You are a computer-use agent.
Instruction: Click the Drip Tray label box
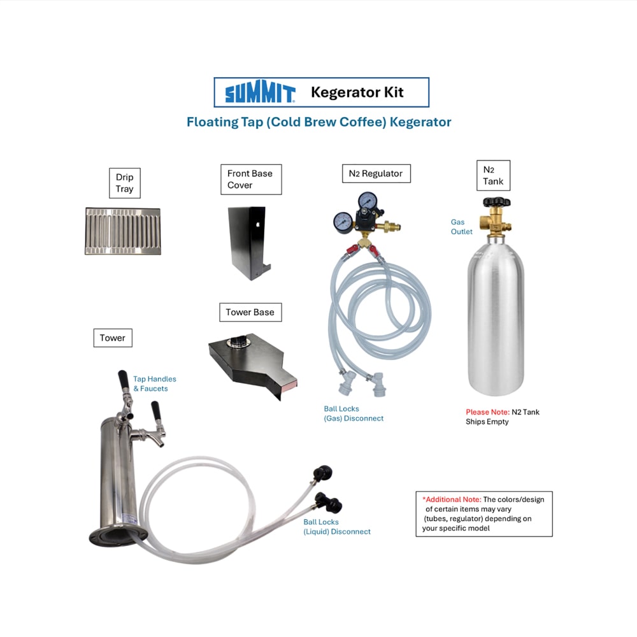tap(125, 183)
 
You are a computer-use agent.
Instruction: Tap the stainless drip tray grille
tap(123, 231)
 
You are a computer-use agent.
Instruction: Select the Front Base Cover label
tap(251, 179)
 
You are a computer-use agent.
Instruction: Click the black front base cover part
tap(248, 243)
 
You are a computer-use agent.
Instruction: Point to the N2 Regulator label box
tap(376, 173)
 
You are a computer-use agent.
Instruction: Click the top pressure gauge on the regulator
tap(368, 201)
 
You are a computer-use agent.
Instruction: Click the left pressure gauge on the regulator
tap(343, 222)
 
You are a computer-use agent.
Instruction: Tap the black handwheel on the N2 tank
tap(496, 202)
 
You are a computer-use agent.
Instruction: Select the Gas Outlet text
tap(461, 227)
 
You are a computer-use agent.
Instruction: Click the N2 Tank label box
tap(493, 176)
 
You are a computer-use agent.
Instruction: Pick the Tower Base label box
tap(250, 312)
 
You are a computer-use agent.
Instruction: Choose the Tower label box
tap(113, 338)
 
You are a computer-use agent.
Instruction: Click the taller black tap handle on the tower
tap(123, 381)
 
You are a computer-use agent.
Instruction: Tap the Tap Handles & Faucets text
tap(155, 383)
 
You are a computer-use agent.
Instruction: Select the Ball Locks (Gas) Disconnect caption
tap(354, 413)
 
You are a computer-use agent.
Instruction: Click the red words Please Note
tap(487, 412)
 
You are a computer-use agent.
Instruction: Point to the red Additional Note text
tap(452, 499)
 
